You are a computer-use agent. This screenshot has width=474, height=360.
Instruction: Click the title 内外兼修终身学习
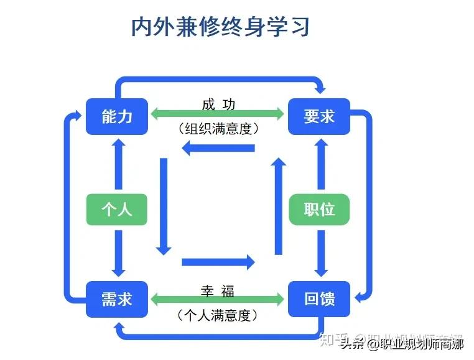click(x=220, y=27)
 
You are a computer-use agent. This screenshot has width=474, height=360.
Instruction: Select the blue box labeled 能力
click(x=117, y=116)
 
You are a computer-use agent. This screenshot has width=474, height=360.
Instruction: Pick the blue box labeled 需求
click(x=117, y=299)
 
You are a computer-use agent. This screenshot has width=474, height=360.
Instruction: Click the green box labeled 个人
click(x=117, y=209)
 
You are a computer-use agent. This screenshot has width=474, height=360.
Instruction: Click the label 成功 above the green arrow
click(x=218, y=104)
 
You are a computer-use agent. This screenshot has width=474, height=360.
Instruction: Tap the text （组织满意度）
click(x=218, y=129)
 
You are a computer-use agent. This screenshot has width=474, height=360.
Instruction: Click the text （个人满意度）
click(x=218, y=316)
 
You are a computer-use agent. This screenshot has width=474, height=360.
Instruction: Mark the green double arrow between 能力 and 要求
click(x=218, y=115)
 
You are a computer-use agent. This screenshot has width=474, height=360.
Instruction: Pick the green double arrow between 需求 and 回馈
click(x=218, y=300)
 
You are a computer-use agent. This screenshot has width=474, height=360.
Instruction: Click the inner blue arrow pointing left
click(x=218, y=148)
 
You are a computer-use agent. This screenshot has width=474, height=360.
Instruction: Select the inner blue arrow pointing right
click(x=218, y=262)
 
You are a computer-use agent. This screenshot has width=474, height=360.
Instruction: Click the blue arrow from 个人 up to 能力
click(x=118, y=165)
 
